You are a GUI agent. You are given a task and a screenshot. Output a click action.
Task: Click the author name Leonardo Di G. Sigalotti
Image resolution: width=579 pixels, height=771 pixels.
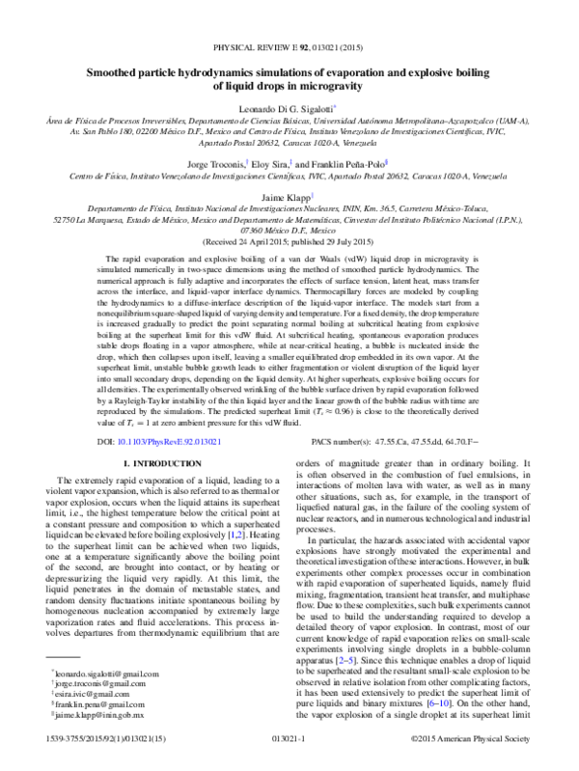288,109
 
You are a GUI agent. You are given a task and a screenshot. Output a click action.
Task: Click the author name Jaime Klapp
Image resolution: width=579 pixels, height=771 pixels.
288,194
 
